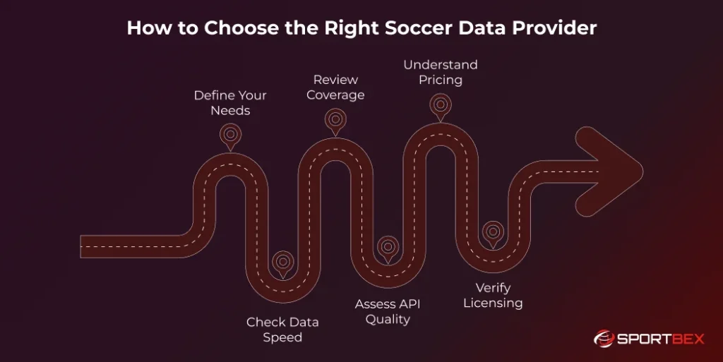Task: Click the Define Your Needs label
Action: [x=230, y=102]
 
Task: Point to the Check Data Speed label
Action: [x=282, y=330]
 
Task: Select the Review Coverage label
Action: [x=335, y=87]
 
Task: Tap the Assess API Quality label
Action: [x=387, y=311]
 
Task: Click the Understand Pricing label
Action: [x=441, y=72]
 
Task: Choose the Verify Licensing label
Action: [x=493, y=296]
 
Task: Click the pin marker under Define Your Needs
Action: [x=230, y=135]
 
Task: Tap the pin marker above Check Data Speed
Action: [x=283, y=263]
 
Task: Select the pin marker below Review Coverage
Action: [x=335, y=119]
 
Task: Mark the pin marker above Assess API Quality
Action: [x=388, y=247]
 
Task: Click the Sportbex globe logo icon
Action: [x=604, y=339]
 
